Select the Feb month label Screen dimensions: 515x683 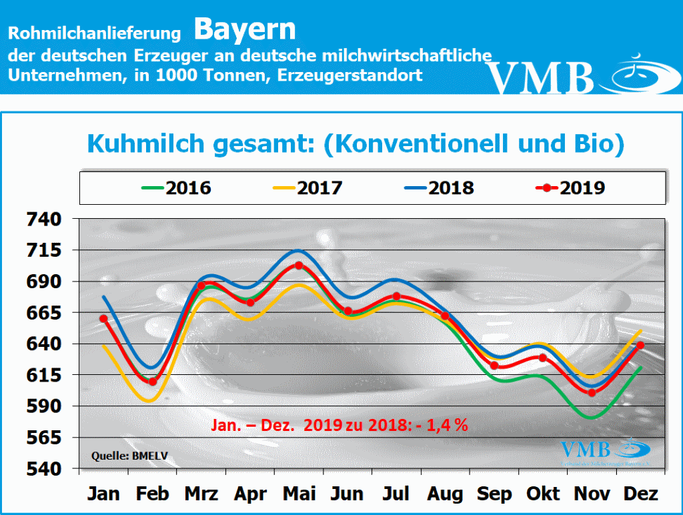pyautogui.click(x=152, y=494)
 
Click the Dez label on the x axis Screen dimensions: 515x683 pyautogui.click(x=640, y=494)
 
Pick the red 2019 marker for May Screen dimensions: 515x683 pyautogui.click(x=299, y=266)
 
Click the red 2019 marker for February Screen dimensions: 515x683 pyautogui.click(x=152, y=382)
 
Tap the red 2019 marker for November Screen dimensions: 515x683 pyautogui.click(x=591, y=393)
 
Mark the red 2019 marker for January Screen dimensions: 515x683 pyautogui.click(x=103, y=318)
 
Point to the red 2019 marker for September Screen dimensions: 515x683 pyautogui.click(x=494, y=366)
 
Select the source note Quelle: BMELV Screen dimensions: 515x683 pyautogui.click(x=121, y=456)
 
